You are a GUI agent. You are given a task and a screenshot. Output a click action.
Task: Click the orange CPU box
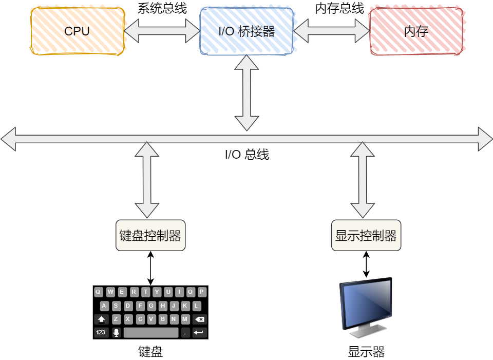[x=77, y=31]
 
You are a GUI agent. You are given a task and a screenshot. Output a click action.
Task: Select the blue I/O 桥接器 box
[x=246, y=31]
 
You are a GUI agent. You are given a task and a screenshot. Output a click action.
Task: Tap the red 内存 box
[x=416, y=31]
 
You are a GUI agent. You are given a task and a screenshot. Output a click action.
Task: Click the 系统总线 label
[x=162, y=8]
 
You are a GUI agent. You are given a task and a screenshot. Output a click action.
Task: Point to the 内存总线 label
[x=339, y=8]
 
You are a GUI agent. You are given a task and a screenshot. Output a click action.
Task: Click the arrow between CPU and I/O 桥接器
[x=162, y=31]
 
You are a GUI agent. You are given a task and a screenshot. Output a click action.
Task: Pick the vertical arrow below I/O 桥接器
[x=246, y=92]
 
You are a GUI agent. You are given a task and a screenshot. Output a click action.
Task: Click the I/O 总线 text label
[x=246, y=155]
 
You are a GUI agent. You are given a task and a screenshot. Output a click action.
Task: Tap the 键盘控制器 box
[x=150, y=236]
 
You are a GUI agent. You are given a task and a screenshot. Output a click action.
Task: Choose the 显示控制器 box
[x=366, y=236]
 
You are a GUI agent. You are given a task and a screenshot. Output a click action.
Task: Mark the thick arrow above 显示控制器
[x=363, y=180]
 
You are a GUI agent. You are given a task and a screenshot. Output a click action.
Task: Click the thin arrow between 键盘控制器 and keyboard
[x=150, y=268]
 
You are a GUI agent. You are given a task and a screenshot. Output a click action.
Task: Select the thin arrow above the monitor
[x=366, y=264]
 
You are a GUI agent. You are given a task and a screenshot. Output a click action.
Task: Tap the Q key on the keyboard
[x=98, y=292]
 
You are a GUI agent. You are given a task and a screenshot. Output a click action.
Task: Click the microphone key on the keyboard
[x=116, y=332]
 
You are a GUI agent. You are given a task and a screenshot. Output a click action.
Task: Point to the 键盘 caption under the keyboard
[x=150, y=352]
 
